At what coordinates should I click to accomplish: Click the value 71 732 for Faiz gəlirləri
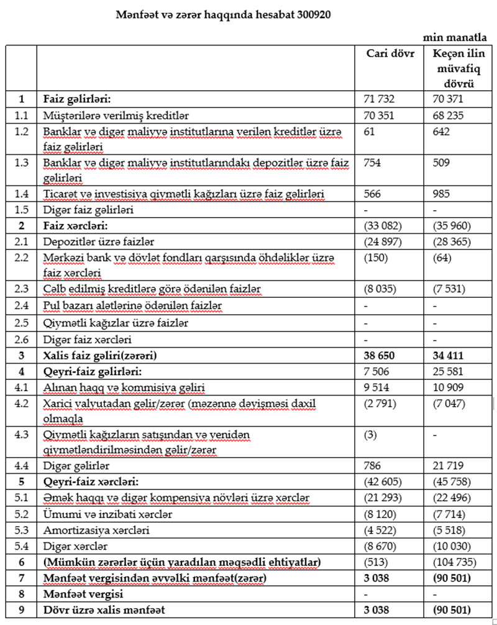point(379,99)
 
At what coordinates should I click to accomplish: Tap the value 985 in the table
point(443,194)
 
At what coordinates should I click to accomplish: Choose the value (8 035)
point(381,289)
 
